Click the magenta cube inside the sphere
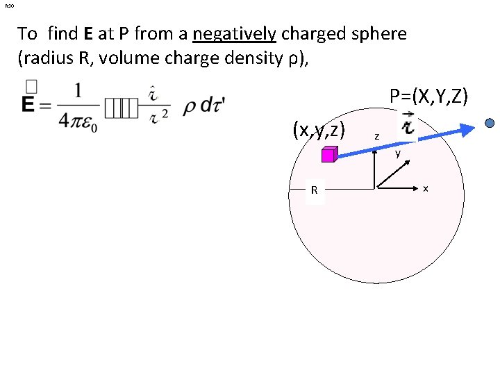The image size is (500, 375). [x=329, y=155]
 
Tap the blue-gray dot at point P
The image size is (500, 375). [x=490, y=123]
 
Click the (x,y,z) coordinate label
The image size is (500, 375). [x=319, y=129]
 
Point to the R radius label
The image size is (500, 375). [x=315, y=190]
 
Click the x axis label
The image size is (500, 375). [x=426, y=188]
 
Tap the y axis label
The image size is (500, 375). [x=398, y=154]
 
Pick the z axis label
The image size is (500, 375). [x=376, y=137]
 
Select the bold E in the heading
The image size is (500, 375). [x=90, y=33]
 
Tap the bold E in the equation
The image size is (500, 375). [x=31, y=105]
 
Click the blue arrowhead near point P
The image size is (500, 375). [x=469, y=126]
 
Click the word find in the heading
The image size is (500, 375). [x=63, y=33]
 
